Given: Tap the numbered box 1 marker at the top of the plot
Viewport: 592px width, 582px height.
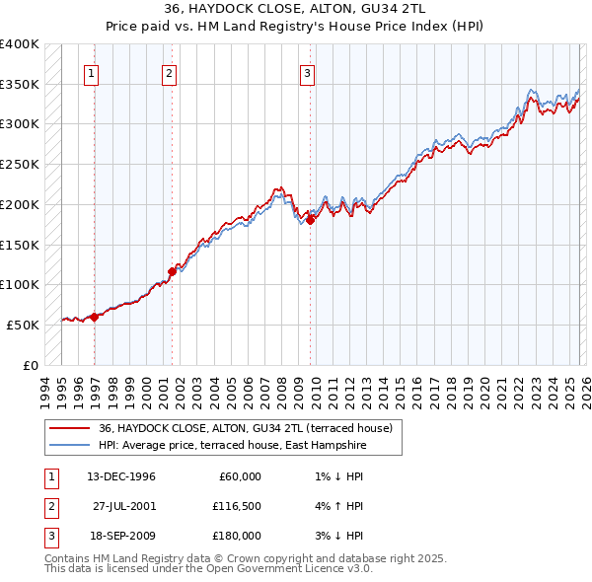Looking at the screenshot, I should pyautogui.click(x=91, y=73).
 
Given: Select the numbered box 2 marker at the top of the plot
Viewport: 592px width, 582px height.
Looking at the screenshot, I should pyautogui.click(x=169, y=73).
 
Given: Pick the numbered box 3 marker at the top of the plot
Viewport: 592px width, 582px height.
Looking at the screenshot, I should pyautogui.click(x=307, y=73).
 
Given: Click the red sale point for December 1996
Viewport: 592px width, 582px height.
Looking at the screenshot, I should pyautogui.click(x=95, y=317).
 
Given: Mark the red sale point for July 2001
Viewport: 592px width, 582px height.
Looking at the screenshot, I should pyautogui.click(x=172, y=270).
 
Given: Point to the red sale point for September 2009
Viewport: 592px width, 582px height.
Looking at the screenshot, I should pyautogui.click(x=310, y=220).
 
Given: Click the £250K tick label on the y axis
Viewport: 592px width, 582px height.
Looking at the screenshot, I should pyautogui.click(x=20, y=164).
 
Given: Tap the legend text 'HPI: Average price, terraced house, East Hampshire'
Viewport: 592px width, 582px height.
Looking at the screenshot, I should pyautogui.click(x=232, y=446).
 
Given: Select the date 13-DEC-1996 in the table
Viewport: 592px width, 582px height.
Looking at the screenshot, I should pyautogui.click(x=120, y=476).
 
